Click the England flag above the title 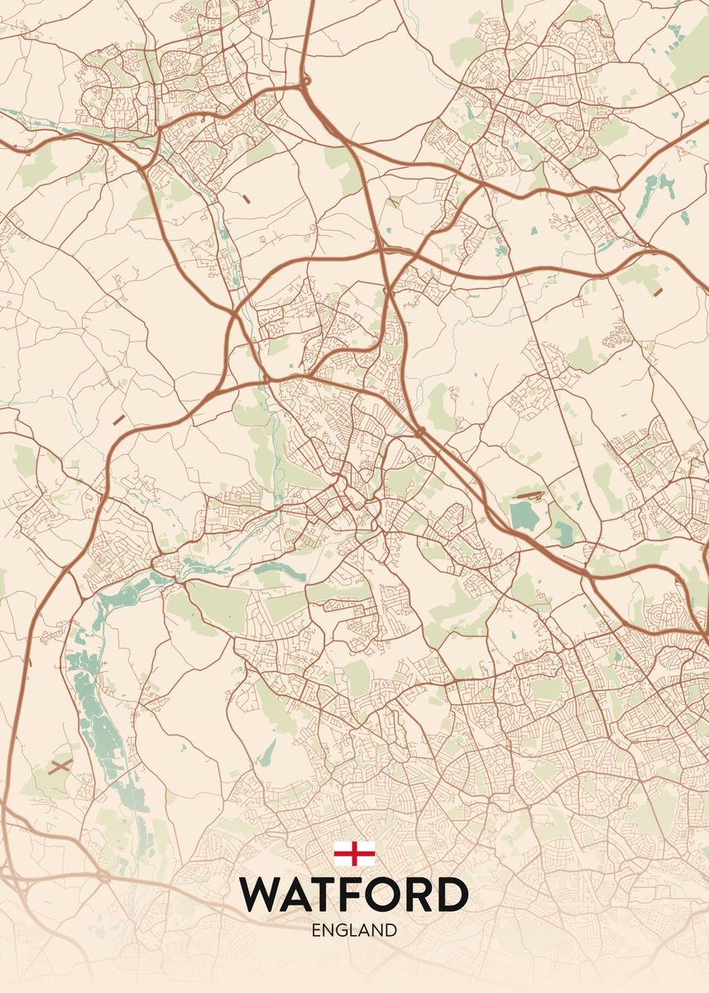pos(354,853)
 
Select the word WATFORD pos(354,894)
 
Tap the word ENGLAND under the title pos(354,930)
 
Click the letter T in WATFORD pos(328,894)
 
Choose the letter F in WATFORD pos(357,894)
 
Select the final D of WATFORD pos(453,894)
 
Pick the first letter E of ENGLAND pos(316,930)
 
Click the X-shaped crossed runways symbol pos(60,766)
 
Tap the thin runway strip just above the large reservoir pos(528,495)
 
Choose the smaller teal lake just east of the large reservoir pos(563,534)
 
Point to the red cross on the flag pos(354,853)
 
